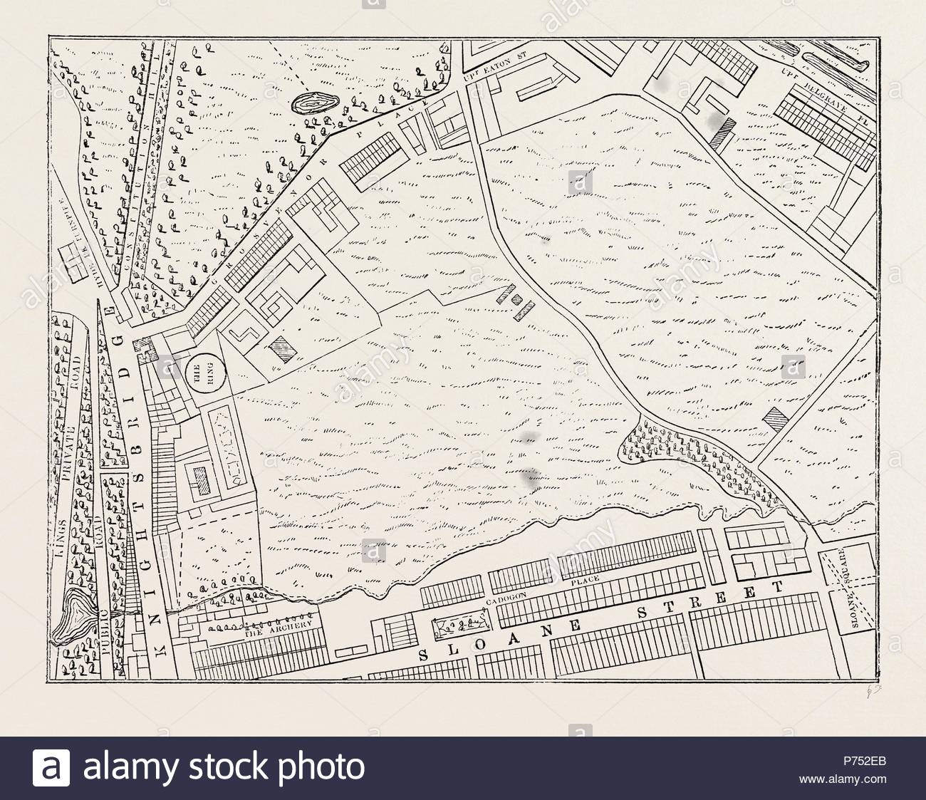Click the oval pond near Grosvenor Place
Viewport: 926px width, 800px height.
(313, 104)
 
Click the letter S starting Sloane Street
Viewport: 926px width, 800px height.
(423, 655)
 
